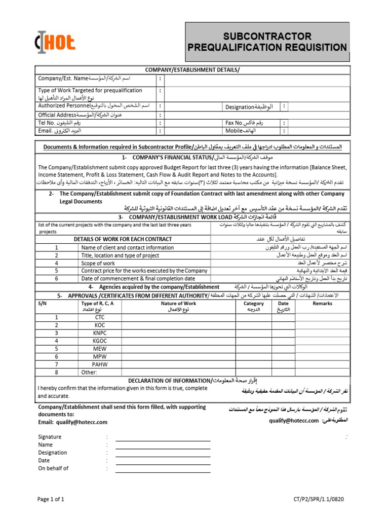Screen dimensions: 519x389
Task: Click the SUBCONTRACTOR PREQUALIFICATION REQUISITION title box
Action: click(267, 42)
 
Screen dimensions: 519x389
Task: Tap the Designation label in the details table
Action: click(240, 107)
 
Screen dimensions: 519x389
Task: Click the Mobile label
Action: click(234, 131)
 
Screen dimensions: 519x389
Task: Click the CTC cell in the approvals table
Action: click(99, 317)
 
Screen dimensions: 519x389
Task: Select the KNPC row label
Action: click(99, 333)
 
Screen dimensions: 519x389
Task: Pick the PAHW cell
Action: click(99, 364)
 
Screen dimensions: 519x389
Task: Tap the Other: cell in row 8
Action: click(89, 373)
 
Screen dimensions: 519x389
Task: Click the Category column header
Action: click(254, 304)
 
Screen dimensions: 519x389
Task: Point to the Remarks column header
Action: click(323, 304)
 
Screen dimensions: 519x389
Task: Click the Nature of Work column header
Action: click(178, 304)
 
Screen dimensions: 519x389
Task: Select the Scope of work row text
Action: click(98, 264)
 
